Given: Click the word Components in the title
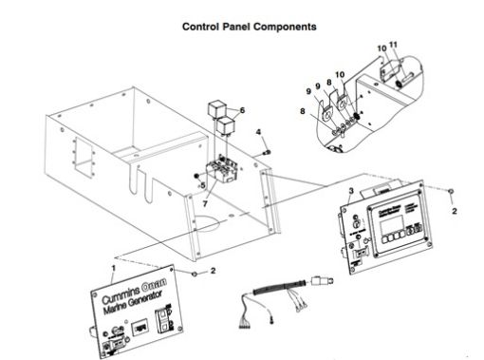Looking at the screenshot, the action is tap(286, 28).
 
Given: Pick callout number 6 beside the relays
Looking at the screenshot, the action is tap(242, 109).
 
